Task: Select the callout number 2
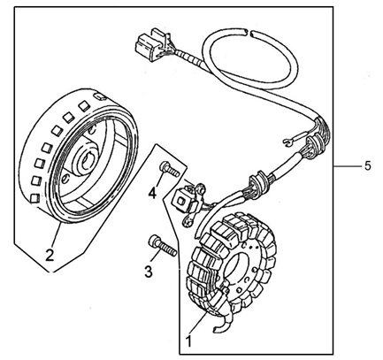coord(50,255)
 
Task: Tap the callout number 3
coord(149,271)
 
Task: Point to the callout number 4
coord(152,194)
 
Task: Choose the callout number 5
coord(367,166)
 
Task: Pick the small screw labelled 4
coord(169,169)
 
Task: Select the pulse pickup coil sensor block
coord(184,201)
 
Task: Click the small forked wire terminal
coord(290,142)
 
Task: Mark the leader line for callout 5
coord(348,167)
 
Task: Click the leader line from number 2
coord(57,235)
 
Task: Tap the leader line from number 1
coord(197,323)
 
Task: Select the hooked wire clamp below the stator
coord(222,324)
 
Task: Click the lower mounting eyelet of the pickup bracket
coord(188,222)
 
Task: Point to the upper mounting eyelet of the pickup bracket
coord(200,188)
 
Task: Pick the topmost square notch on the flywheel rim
coord(99,96)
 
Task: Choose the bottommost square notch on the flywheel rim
coord(34,198)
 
